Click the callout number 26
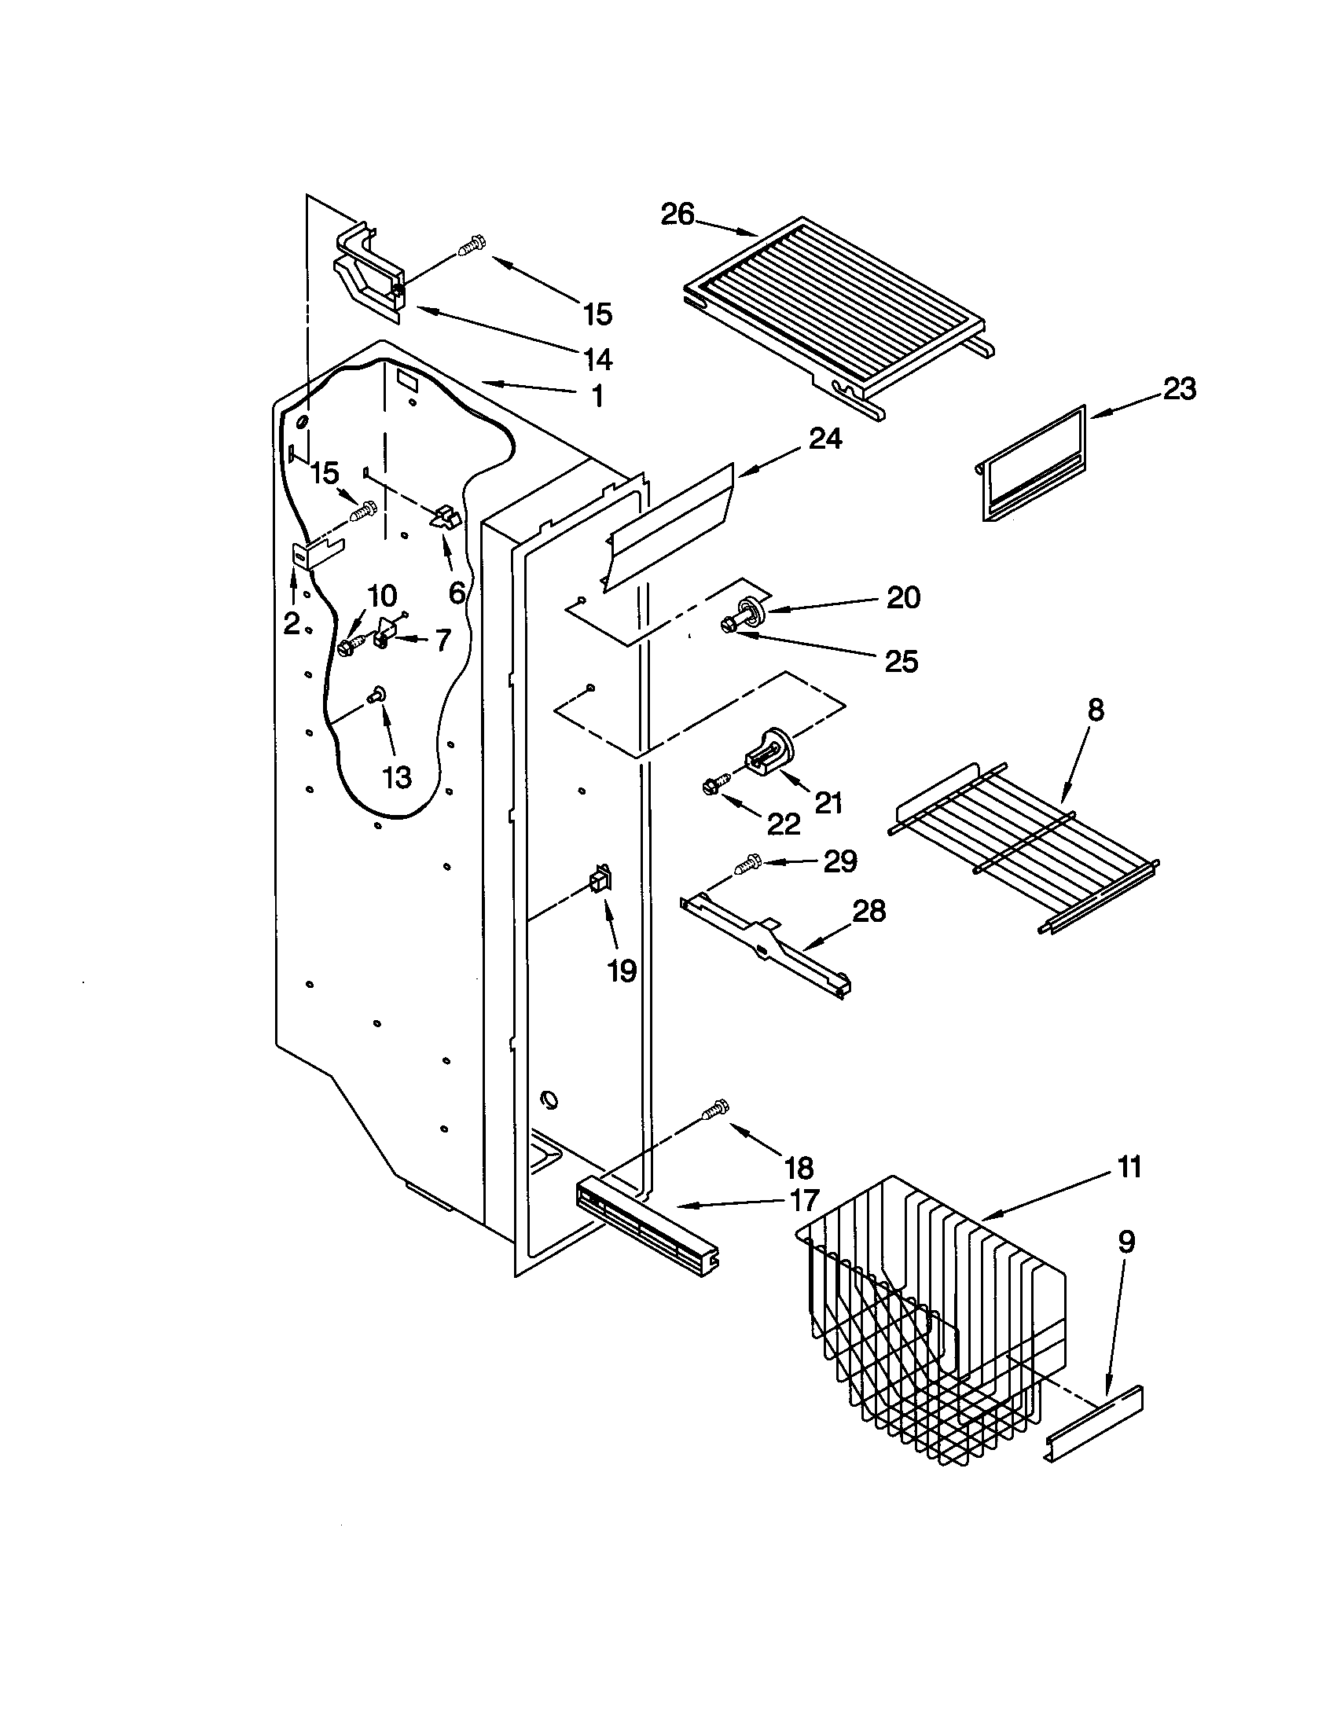tap(677, 215)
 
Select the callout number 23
tap(1179, 390)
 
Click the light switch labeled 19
tap(598, 879)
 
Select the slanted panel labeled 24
tap(670, 523)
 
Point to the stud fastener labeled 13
tap(376, 695)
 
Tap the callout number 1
tap(597, 396)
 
